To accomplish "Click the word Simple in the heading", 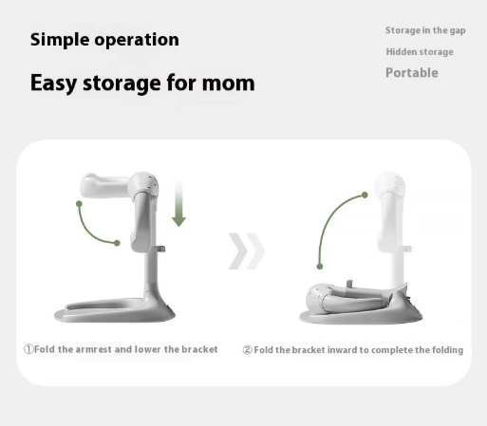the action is pyautogui.click(x=60, y=40).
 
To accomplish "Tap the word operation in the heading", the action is pyautogui.click(x=137, y=40).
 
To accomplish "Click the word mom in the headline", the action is pyautogui.click(x=228, y=83).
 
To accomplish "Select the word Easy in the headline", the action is pyautogui.click(x=53, y=83).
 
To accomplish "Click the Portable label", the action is pyautogui.click(x=412, y=73).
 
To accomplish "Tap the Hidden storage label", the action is pyautogui.click(x=420, y=52).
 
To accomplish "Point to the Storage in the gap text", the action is pyautogui.click(x=425, y=30).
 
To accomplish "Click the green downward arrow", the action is pyautogui.click(x=178, y=202).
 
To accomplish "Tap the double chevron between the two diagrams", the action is pyautogui.click(x=246, y=251).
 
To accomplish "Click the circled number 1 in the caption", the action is pyautogui.click(x=28, y=349).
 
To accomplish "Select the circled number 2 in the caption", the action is pyautogui.click(x=248, y=350).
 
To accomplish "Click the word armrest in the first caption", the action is pyautogui.click(x=93, y=349).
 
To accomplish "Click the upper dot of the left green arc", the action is pyautogui.click(x=79, y=204).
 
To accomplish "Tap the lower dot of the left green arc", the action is pyautogui.click(x=117, y=243).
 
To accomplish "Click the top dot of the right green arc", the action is pyautogui.click(x=365, y=194).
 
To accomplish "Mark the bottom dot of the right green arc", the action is pyautogui.click(x=320, y=267).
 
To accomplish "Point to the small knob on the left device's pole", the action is pyautogui.click(x=161, y=250).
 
